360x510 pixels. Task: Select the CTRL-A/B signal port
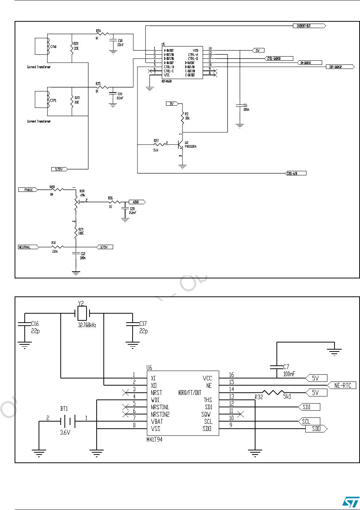pyautogui.click(x=296, y=173)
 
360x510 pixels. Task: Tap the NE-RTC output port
pyautogui.click(x=342, y=385)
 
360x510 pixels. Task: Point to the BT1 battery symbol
pyautogui.click(x=67, y=421)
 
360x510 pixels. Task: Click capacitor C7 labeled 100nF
pyautogui.click(x=277, y=366)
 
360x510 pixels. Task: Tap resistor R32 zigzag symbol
pyautogui.click(x=274, y=392)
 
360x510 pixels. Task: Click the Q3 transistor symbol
pyautogui.click(x=181, y=144)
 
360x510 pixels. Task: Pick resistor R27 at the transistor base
pyautogui.click(x=160, y=144)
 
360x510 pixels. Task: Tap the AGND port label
pyautogui.click(x=136, y=202)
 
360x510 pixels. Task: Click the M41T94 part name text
pyautogui.click(x=154, y=439)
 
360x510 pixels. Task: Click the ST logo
pyautogui.click(x=351, y=502)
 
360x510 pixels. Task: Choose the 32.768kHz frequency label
pyautogui.click(x=87, y=325)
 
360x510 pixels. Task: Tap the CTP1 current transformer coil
pyautogui.click(x=48, y=100)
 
